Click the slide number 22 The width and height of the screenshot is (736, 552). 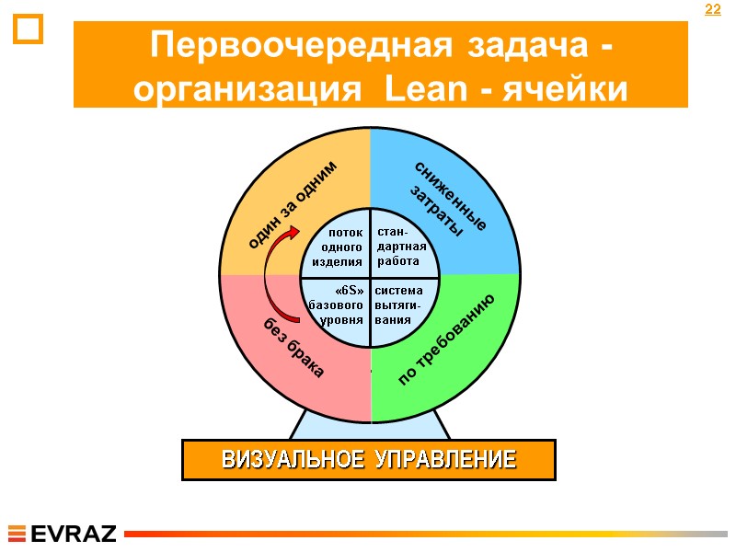pyautogui.click(x=712, y=10)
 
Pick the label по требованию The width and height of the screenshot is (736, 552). pyautogui.click(x=449, y=341)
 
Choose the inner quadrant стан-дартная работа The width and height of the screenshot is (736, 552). pyautogui.click(x=403, y=247)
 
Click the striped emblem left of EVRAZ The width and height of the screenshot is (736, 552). pyautogui.click(x=17, y=534)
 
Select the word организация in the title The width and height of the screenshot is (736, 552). pyautogui.click(x=245, y=89)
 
